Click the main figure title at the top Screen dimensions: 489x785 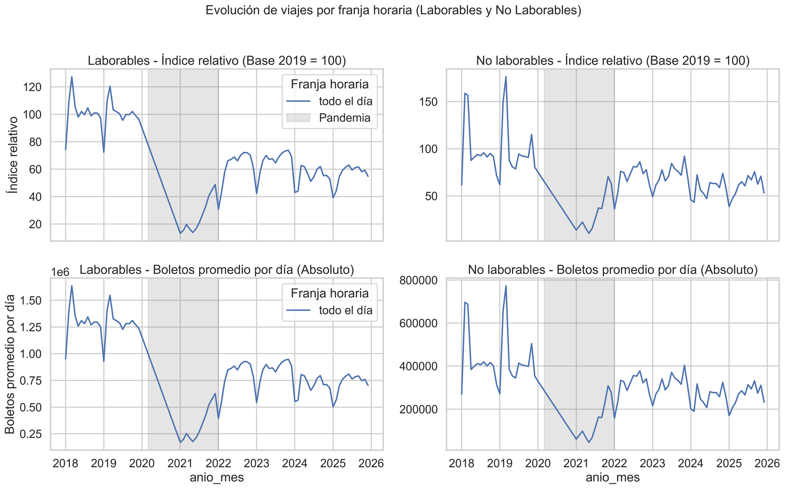pos(393,11)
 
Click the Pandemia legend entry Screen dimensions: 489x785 pos(344,118)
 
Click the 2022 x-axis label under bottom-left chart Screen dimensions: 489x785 pos(218,463)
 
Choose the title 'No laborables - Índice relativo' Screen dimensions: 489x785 pos(613,61)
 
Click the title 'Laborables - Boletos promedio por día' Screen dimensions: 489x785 pos(217,270)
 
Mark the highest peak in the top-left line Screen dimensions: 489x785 pos(72,76)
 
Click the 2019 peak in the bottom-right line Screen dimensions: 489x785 pos(506,286)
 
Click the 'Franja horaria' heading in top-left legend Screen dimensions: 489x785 pos(330,85)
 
